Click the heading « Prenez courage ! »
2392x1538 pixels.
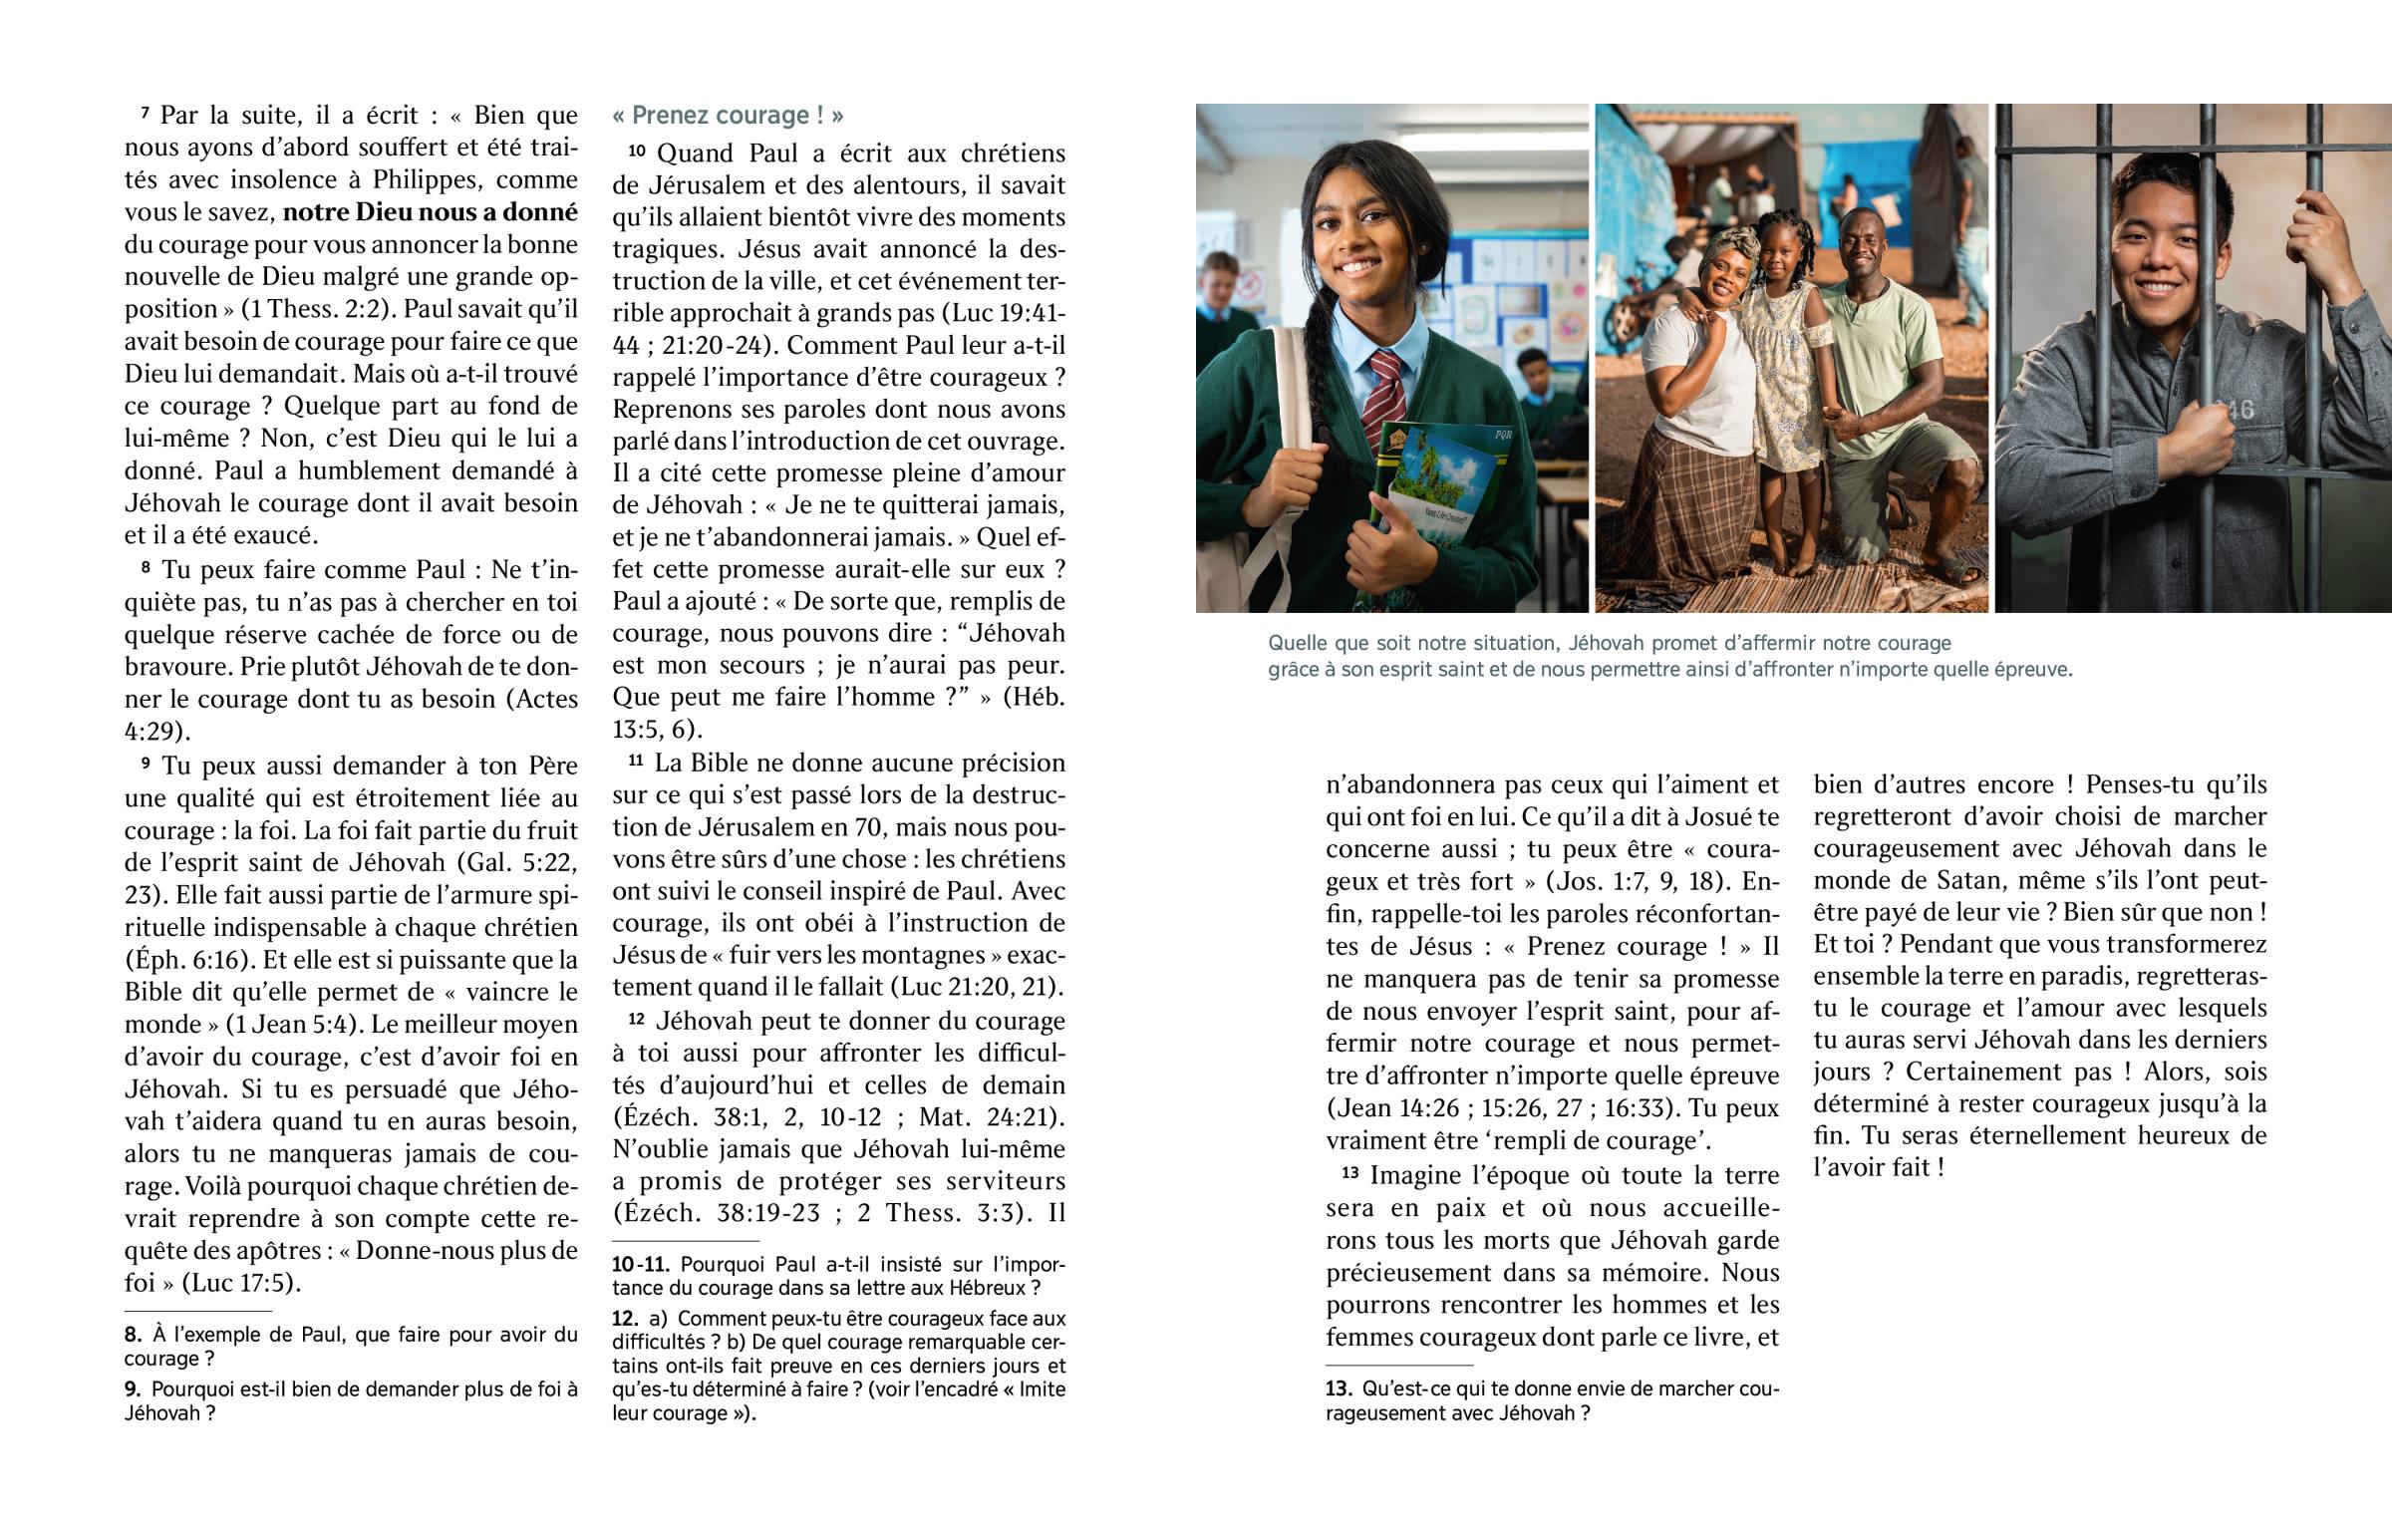pos(728,116)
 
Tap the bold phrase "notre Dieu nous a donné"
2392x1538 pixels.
pos(431,212)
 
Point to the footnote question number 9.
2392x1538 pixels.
pos(133,1389)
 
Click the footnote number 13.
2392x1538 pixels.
pos(1339,1389)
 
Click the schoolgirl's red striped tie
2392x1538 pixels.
pos(1380,396)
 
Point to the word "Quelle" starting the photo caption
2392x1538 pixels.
pos(1296,643)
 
